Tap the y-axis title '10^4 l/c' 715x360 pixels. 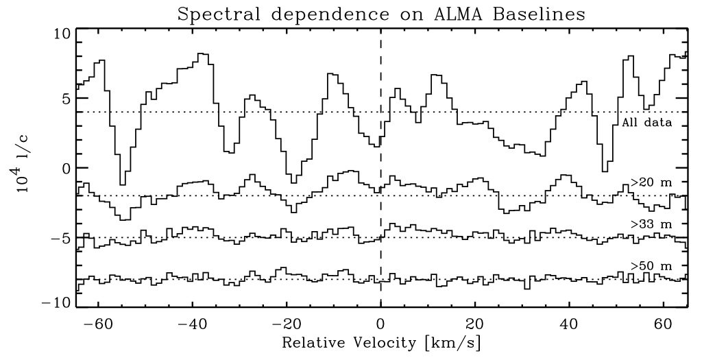[x=25, y=169]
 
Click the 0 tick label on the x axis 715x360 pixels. [x=380, y=323]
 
